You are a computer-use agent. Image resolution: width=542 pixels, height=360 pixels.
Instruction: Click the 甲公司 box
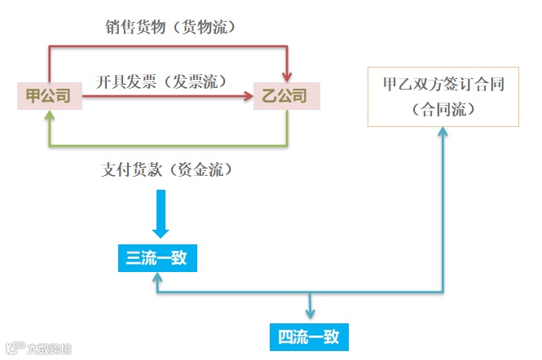(x=49, y=96)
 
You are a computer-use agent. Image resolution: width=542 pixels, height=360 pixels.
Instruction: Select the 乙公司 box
(x=285, y=96)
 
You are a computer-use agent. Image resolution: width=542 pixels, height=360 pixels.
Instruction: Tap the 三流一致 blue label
(x=156, y=259)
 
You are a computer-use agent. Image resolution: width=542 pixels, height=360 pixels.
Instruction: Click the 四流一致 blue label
(x=309, y=336)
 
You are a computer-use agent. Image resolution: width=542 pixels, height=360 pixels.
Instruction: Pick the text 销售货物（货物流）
(x=171, y=28)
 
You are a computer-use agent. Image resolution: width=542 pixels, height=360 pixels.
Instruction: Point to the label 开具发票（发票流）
(x=161, y=81)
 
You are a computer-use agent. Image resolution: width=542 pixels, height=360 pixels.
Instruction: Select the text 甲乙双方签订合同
(x=443, y=86)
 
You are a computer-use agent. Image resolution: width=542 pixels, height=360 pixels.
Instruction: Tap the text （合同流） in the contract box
(x=443, y=109)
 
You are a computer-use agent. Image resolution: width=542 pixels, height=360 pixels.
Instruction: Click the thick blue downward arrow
(x=161, y=213)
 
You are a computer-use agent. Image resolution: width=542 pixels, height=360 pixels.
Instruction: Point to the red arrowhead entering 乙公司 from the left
(x=248, y=97)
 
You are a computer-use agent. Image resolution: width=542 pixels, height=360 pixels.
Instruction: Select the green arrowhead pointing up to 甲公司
(x=50, y=116)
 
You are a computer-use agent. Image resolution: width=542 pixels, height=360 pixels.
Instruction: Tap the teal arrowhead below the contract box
(x=443, y=133)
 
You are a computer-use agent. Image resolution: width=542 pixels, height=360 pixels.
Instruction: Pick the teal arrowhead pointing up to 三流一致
(x=156, y=279)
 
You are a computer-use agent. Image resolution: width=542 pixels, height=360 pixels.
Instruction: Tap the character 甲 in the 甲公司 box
(x=33, y=96)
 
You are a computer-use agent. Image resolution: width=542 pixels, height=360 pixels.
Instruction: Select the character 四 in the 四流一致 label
(x=285, y=336)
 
